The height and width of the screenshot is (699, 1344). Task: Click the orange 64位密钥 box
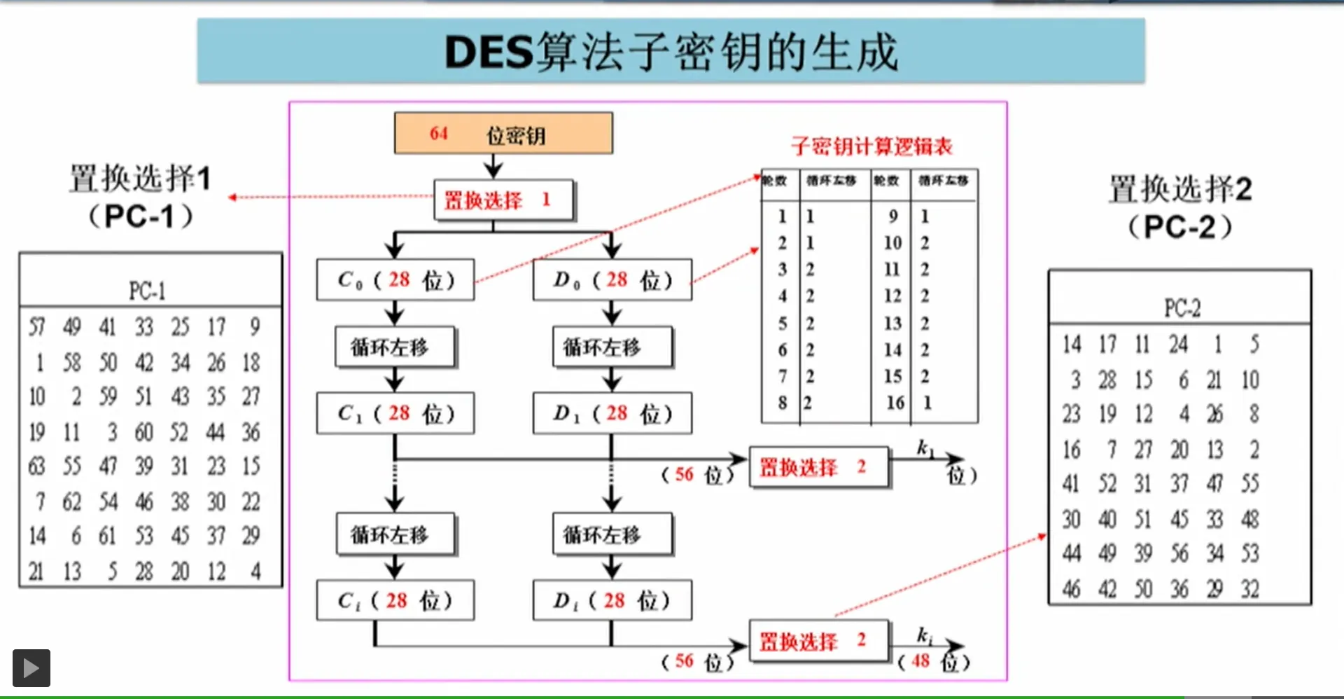point(503,133)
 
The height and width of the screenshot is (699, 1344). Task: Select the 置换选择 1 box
point(503,200)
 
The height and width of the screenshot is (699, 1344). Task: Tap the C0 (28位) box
point(395,280)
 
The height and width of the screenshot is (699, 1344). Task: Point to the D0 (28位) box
point(612,280)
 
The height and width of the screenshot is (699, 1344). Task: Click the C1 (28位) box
point(395,413)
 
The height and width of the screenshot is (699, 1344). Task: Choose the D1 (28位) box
point(612,413)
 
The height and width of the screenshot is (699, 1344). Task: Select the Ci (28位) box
point(395,600)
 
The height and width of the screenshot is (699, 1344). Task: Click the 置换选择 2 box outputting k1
point(819,466)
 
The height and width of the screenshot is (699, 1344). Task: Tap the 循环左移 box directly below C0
point(395,347)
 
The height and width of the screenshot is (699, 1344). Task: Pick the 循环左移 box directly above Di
point(612,534)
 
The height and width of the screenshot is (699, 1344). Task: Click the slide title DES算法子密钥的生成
point(671,52)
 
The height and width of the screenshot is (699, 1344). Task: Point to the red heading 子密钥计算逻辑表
point(871,146)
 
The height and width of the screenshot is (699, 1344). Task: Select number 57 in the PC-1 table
point(36,326)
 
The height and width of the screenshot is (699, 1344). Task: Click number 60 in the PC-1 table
point(143,432)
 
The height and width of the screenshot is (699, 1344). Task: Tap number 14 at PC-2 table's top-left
point(1072,345)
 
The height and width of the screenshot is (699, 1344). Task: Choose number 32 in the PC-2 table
point(1250,589)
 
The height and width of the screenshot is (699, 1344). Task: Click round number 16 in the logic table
point(895,403)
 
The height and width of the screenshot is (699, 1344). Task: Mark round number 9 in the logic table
point(893,216)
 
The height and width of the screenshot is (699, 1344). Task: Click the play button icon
point(31,667)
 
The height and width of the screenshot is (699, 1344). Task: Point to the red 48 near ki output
point(920,660)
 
